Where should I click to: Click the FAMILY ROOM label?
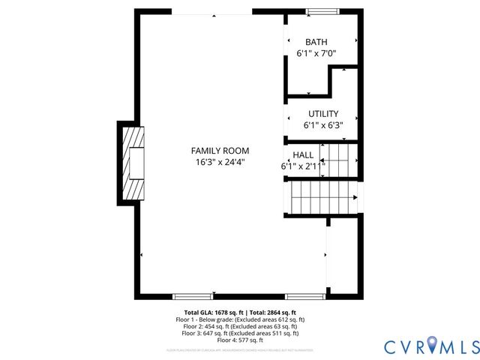220,151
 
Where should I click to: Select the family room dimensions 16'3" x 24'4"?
220,162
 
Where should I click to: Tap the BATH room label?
316,42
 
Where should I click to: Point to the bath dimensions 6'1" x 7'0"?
316,54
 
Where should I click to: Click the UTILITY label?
322,114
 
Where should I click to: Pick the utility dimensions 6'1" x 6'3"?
322,126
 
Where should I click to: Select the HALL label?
303,154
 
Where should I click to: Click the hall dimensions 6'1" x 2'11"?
303,166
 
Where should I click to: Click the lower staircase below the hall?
322,199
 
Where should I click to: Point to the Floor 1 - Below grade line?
240,319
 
